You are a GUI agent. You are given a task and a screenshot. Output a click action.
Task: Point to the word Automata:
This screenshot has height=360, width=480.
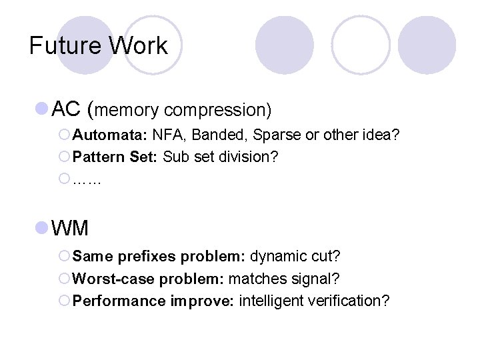(x=110, y=136)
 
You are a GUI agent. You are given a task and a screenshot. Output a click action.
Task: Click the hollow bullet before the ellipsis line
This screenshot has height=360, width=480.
(x=64, y=179)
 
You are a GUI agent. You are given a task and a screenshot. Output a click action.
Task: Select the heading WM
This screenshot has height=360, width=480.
(x=69, y=228)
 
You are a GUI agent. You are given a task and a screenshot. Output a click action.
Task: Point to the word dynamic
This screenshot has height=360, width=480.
(x=281, y=257)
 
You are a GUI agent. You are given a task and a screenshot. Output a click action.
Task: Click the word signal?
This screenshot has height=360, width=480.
(x=311, y=278)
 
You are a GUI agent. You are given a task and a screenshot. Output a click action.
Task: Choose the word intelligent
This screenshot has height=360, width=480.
(x=272, y=301)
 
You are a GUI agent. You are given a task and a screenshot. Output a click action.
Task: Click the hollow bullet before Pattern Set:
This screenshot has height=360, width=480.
(x=64, y=157)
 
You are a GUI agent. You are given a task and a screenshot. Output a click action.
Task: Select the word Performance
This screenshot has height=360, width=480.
(x=119, y=301)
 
